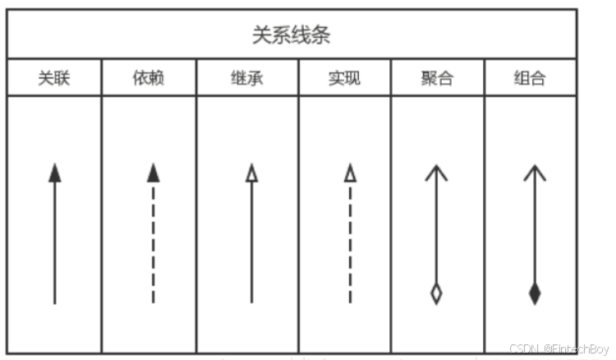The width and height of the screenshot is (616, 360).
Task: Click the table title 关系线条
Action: coord(292,35)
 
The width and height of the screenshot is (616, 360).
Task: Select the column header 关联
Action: coord(54,79)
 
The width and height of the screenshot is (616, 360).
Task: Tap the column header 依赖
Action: coord(149,79)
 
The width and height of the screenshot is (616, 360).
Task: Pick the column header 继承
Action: coord(247,79)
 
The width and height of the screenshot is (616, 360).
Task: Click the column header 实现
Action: coord(344,79)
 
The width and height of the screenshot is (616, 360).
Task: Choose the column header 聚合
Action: coord(437,79)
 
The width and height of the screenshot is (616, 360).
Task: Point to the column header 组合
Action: coord(530,79)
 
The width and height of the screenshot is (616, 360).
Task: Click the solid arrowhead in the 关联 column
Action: coord(55,173)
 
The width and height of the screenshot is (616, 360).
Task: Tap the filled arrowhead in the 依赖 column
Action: coord(153,173)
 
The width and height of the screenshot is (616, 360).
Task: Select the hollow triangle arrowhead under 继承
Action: coord(251,173)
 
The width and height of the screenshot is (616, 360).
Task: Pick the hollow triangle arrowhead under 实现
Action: coord(351,173)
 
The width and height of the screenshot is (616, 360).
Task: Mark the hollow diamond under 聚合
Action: coord(436,293)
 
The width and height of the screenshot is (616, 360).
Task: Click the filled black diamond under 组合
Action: coord(535,293)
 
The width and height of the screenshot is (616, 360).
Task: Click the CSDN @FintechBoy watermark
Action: coord(559,348)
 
